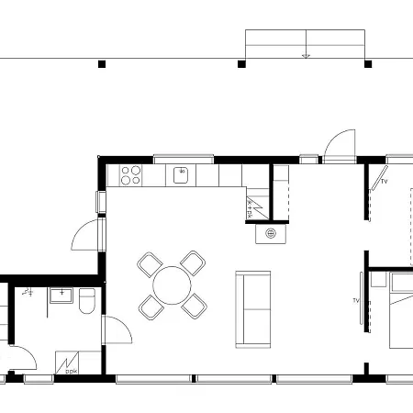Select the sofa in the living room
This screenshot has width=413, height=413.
click(253, 308)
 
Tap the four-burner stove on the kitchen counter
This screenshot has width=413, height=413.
click(129, 173)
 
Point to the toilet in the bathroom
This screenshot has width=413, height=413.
click(87, 300)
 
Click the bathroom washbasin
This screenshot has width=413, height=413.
click(61, 295)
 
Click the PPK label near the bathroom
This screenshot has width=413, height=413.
click(71, 372)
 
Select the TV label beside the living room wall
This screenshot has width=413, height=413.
click(355, 300)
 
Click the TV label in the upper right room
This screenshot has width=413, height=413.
click(384, 182)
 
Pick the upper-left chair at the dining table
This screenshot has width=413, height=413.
click(149, 264)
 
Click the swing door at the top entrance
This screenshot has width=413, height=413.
click(337, 145)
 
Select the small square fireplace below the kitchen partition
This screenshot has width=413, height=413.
click(271, 234)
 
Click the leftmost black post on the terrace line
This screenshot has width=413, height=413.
click(102, 64)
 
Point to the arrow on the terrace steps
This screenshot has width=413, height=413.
click(306, 55)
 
